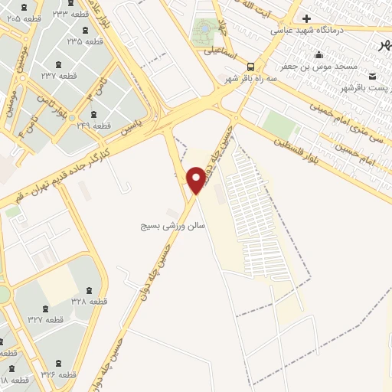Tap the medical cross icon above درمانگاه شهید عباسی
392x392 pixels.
coord(306,18)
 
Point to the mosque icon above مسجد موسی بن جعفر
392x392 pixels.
coord(319,55)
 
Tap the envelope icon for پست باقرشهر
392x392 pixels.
coord(372,77)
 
